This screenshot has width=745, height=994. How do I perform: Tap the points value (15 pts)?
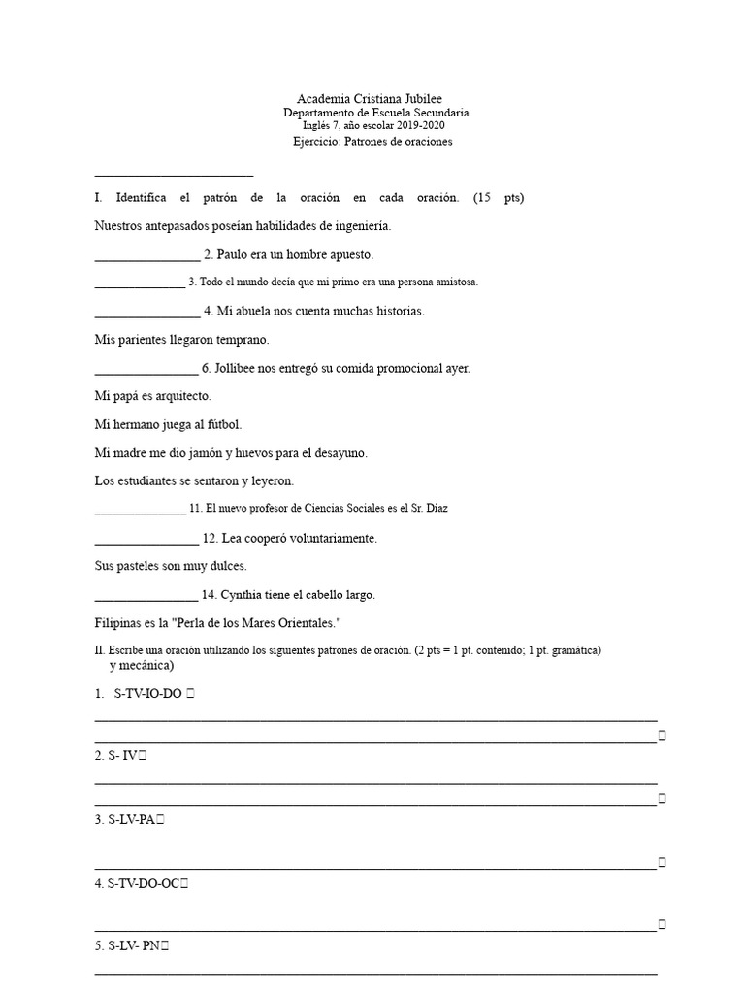(499, 198)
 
